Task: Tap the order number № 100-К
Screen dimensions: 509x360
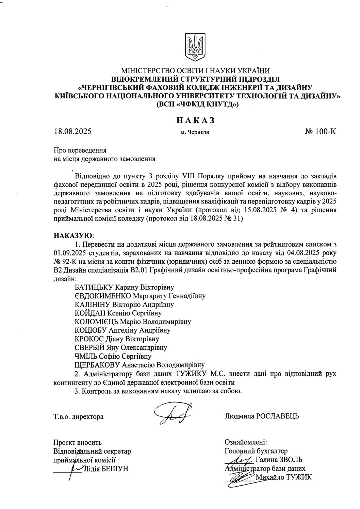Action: tap(320, 131)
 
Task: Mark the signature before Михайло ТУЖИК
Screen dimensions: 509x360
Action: tap(240, 477)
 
